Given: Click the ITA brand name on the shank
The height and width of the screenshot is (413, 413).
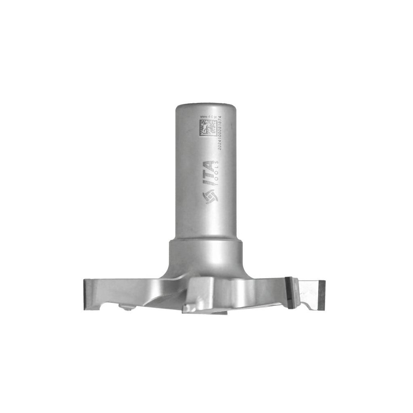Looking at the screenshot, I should click(x=209, y=174).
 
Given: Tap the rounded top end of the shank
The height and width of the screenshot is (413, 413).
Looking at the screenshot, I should click(x=206, y=106).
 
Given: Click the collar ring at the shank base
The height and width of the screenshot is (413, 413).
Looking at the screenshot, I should click(x=206, y=246).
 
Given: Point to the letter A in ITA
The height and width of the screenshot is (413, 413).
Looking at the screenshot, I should click(x=209, y=164).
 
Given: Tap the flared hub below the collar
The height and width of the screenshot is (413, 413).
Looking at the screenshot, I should click(x=206, y=266).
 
